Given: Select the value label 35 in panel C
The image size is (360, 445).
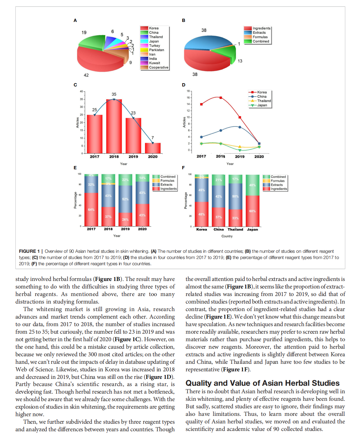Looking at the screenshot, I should click(114, 94).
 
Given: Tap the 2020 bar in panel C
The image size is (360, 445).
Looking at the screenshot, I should click(153, 148).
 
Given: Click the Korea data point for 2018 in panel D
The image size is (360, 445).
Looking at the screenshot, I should click(221, 98).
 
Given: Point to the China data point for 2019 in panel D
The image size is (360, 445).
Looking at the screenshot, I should click(240, 127).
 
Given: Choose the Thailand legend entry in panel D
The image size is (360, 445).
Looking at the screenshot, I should click(264, 101).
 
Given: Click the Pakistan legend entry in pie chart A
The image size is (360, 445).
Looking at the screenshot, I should click(156, 50).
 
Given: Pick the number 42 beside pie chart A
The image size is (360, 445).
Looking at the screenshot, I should click(86, 75).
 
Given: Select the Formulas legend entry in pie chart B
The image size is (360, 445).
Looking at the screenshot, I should click(260, 37).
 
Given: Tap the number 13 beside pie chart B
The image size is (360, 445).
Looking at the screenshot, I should click(240, 61).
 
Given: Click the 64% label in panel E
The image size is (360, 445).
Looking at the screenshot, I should click(91, 210).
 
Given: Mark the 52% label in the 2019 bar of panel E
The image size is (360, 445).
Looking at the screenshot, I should click(125, 199).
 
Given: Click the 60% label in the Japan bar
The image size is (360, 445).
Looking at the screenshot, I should click(252, 211).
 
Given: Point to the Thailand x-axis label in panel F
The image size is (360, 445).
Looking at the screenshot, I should click(235, 230).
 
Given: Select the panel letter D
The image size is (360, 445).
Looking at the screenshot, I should click(184, 85).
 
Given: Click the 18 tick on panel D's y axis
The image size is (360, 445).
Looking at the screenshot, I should click(188, 91).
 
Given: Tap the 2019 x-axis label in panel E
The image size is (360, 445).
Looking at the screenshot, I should click(125, 229).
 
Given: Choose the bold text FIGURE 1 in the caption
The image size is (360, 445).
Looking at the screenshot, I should click(29, 251).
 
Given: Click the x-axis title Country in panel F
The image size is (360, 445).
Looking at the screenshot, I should click(227, 236).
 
